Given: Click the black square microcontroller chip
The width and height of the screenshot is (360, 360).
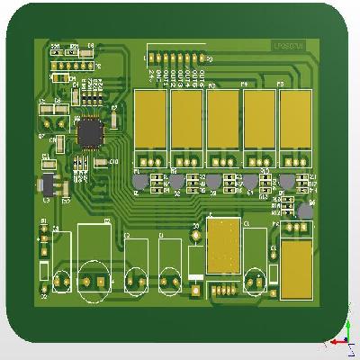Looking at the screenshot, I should (91, 133).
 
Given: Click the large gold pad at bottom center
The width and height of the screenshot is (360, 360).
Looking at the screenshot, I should (223, 247).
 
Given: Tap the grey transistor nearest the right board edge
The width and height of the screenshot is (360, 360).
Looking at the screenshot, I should (306, 210).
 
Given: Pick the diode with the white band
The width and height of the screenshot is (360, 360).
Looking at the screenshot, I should (195, 263).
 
